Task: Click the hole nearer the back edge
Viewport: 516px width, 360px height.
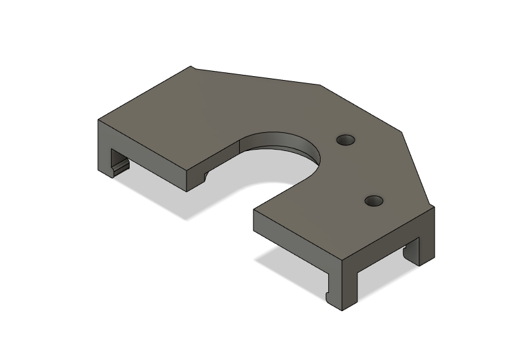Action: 346,139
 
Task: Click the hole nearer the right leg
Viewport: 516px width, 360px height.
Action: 373,201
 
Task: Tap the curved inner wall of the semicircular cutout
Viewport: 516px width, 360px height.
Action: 284,143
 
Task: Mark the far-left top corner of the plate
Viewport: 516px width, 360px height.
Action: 99,120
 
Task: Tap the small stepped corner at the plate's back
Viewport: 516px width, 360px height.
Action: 191,66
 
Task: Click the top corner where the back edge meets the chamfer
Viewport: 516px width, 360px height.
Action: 321,84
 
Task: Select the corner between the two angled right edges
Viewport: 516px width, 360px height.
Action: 402,134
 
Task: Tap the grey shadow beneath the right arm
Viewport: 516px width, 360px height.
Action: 290,271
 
